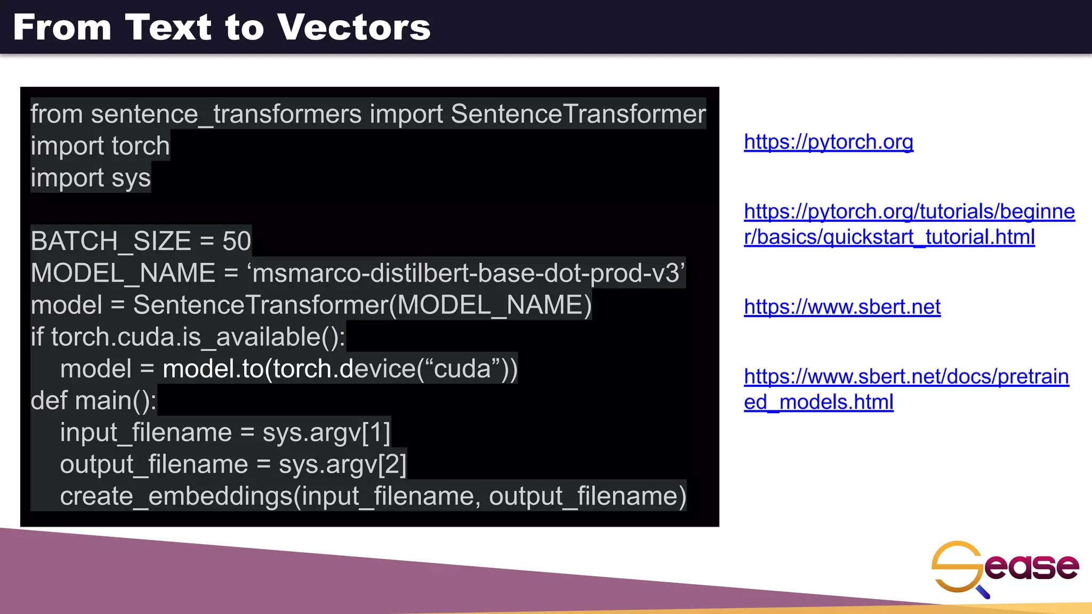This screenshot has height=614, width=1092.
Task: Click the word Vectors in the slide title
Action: (x=354, y=27)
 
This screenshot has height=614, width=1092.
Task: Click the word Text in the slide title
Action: (x=168, y=27)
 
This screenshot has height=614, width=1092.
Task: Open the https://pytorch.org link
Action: (x=828, y=142)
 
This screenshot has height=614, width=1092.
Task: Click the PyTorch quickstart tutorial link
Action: (x=909, y=224)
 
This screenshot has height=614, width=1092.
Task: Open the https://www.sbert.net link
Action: (x=842, y=307)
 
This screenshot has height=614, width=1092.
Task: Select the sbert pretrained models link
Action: (x=906, y=389)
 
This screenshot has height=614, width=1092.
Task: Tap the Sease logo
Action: (x=1005, y=568)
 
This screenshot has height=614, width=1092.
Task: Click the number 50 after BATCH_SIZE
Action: (x=237, y=241)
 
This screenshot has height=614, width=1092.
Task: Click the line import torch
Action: (x=100, y=146)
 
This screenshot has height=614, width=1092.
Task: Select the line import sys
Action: (x=91, y=178)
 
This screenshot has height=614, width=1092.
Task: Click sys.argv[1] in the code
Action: (x=326, y=432)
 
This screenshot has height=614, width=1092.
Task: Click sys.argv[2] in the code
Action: (x=342, y=464)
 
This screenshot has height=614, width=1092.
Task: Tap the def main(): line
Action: (x=94, y=400)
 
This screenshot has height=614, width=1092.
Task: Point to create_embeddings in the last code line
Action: (x=176, y=496)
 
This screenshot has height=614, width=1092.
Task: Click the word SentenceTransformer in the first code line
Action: (x=578, y=114)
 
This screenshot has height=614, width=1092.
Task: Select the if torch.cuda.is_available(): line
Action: (x=188, y=337)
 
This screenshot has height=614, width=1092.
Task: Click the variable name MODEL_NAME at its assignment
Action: (x=123, y=273)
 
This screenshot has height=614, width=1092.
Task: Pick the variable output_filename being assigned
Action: (x=154, y=464)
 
